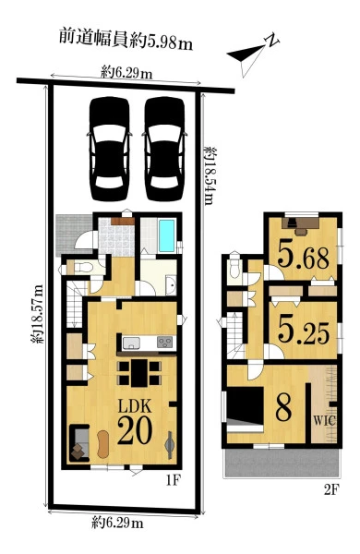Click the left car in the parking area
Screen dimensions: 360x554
[110, 149]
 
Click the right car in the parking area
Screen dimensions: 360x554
[164, 149]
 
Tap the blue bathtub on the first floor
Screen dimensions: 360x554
[167, 235]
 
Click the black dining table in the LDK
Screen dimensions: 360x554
[139, 373]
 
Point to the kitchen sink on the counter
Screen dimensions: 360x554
[131, 343]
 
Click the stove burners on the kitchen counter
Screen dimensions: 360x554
[165, 343]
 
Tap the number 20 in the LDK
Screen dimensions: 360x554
[135, 430]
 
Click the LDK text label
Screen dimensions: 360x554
[135, 406]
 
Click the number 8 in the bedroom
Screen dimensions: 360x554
[283, 407]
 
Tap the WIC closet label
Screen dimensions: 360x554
[324, 421]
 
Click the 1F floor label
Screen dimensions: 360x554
[174, 480]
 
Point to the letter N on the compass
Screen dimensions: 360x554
[272, 41]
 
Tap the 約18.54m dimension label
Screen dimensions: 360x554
[210, 175]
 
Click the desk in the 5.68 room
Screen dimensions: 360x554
[301, 225]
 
